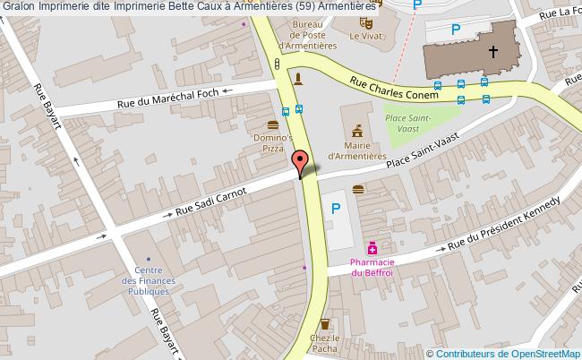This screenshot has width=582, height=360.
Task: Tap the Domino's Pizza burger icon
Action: tap(272, 124)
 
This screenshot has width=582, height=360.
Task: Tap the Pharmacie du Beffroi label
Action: tap(372, 267)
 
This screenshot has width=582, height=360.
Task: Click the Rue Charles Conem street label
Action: tap(395, 87)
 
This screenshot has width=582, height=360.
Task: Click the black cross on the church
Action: tap(492, 52)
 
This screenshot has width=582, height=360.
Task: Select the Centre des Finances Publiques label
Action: tap(148, 281)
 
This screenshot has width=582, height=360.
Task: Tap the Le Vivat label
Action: tap(364, 36)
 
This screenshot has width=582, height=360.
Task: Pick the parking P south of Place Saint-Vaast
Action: tap(337, 210)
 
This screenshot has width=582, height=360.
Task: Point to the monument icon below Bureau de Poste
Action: tap(298, 77)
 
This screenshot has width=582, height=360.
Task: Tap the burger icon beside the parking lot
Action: tap(358, 188)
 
